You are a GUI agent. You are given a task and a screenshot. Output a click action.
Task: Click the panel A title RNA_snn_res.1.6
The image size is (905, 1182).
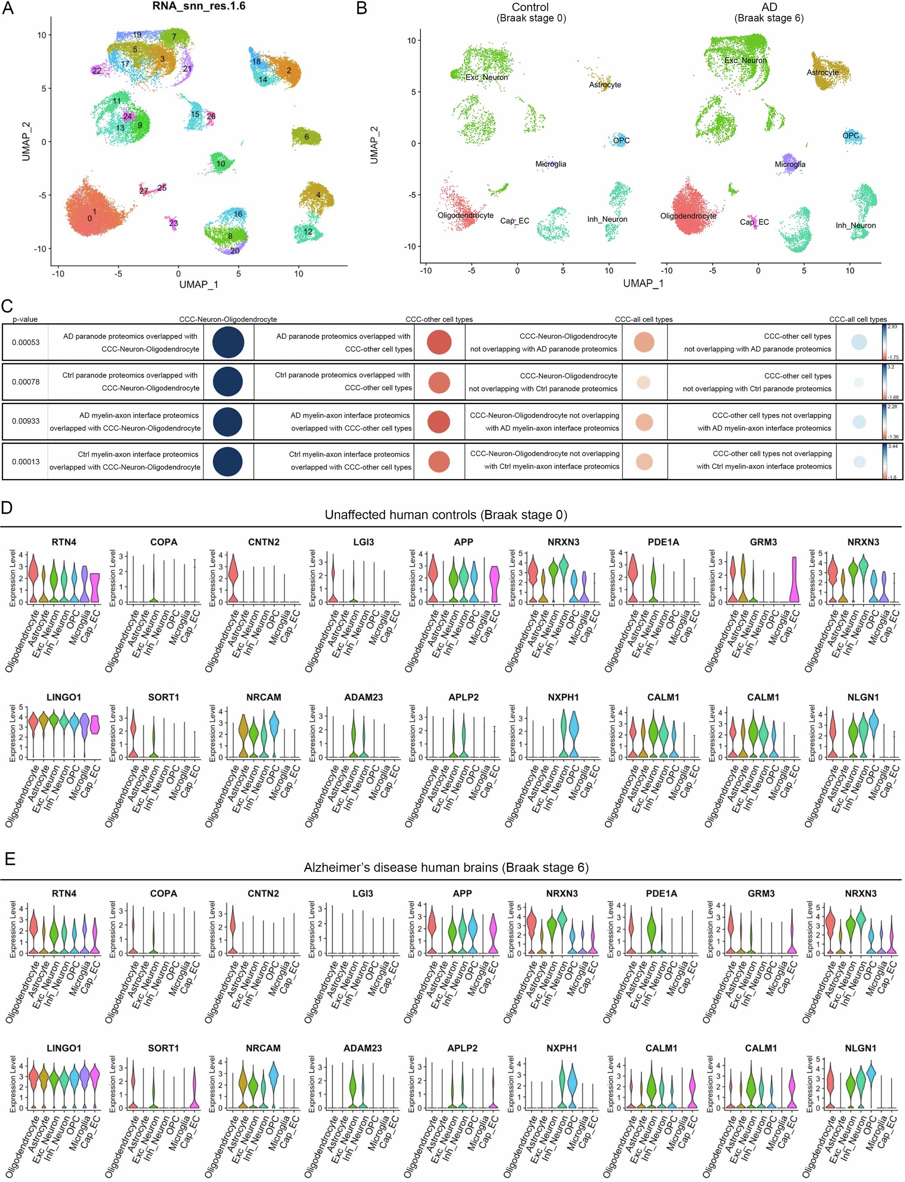click(x=199, y=7)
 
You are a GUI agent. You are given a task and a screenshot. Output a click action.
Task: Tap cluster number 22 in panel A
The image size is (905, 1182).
click(x=97, y=70)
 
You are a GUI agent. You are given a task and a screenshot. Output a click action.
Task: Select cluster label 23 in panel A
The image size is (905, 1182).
click(x=174, y=223)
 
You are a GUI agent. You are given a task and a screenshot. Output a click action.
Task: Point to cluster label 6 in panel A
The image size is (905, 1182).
click(x=307, y=137)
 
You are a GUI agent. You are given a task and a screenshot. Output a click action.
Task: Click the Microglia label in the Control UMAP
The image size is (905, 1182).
click(x=551, y=164)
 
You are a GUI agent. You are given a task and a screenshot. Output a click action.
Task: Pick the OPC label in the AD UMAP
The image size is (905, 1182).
click(x=851, y=135)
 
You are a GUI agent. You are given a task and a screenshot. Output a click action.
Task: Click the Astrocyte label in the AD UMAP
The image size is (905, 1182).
click(x=822, y=72)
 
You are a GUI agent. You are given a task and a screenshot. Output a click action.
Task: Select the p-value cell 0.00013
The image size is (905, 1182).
click(x=26, y=461)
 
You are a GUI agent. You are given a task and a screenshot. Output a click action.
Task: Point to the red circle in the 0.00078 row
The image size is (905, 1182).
click(x=439, y=382)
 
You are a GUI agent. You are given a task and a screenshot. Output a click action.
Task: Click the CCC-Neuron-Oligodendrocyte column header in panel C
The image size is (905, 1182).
click(x=228, y=319)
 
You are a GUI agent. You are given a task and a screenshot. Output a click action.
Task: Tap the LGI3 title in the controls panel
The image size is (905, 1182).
click(x=363, y=542)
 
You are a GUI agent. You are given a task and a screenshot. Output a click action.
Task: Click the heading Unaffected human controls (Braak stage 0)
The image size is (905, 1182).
click(x=445, y=515)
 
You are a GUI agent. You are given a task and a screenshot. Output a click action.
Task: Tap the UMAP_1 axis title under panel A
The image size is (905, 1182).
click(x=199, y=284)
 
